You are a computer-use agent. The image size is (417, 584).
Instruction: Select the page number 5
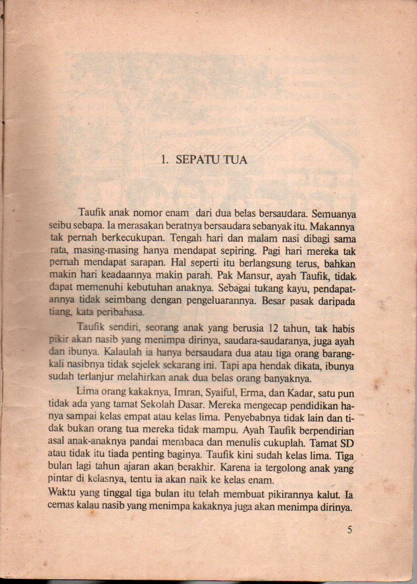(350, 530)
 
